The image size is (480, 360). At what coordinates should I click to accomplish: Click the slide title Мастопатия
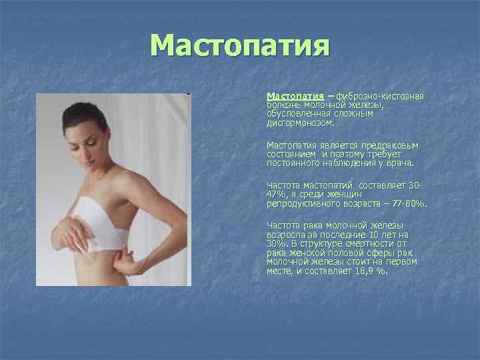(240, 46)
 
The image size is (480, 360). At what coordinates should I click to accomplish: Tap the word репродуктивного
(301, 201)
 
